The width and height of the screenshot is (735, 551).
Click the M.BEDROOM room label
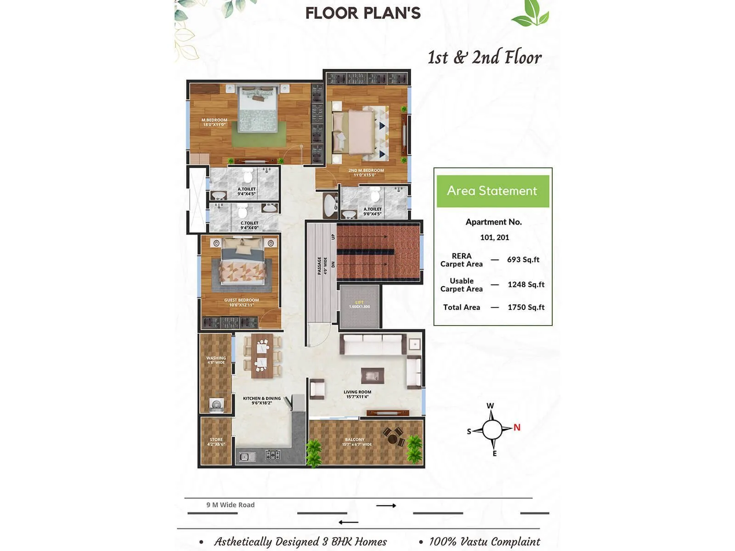click(x=214, y=122)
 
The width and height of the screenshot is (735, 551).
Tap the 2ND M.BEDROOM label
click(x=366, y=173)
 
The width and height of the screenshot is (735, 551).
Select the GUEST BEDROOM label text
click(x=241, y=302)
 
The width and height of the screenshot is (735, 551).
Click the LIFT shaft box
click(x=360, y=306)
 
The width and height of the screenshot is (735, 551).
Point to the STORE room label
click(x=216, y=442)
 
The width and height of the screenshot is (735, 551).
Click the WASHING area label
click(x=216, y=360)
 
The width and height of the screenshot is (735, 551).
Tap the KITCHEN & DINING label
click(x=262, y=400)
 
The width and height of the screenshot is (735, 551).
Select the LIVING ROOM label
click(x=357, y=394)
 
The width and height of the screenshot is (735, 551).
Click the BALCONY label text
click(x=355, y=442)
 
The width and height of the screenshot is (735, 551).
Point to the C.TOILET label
click(x=249, y=225)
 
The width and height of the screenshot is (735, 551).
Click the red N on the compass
click(x=517, y=427)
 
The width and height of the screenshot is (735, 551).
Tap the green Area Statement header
click(x=492, y=191)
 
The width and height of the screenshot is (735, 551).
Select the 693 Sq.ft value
click(x=523, y=259)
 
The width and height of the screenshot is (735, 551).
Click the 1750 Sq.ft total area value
click(x=526, y=307)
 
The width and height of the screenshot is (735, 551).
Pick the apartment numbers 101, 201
click(x=494, y=237)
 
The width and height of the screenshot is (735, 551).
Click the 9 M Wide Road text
click(x=230, y=505)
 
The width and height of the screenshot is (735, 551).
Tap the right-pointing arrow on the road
click(x=386, y=506)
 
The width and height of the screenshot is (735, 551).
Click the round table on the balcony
click(x=393, y=439)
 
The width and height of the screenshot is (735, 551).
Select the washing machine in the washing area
click(x=216, y=405)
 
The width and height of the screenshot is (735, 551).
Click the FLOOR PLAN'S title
click(x=363, y=13)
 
